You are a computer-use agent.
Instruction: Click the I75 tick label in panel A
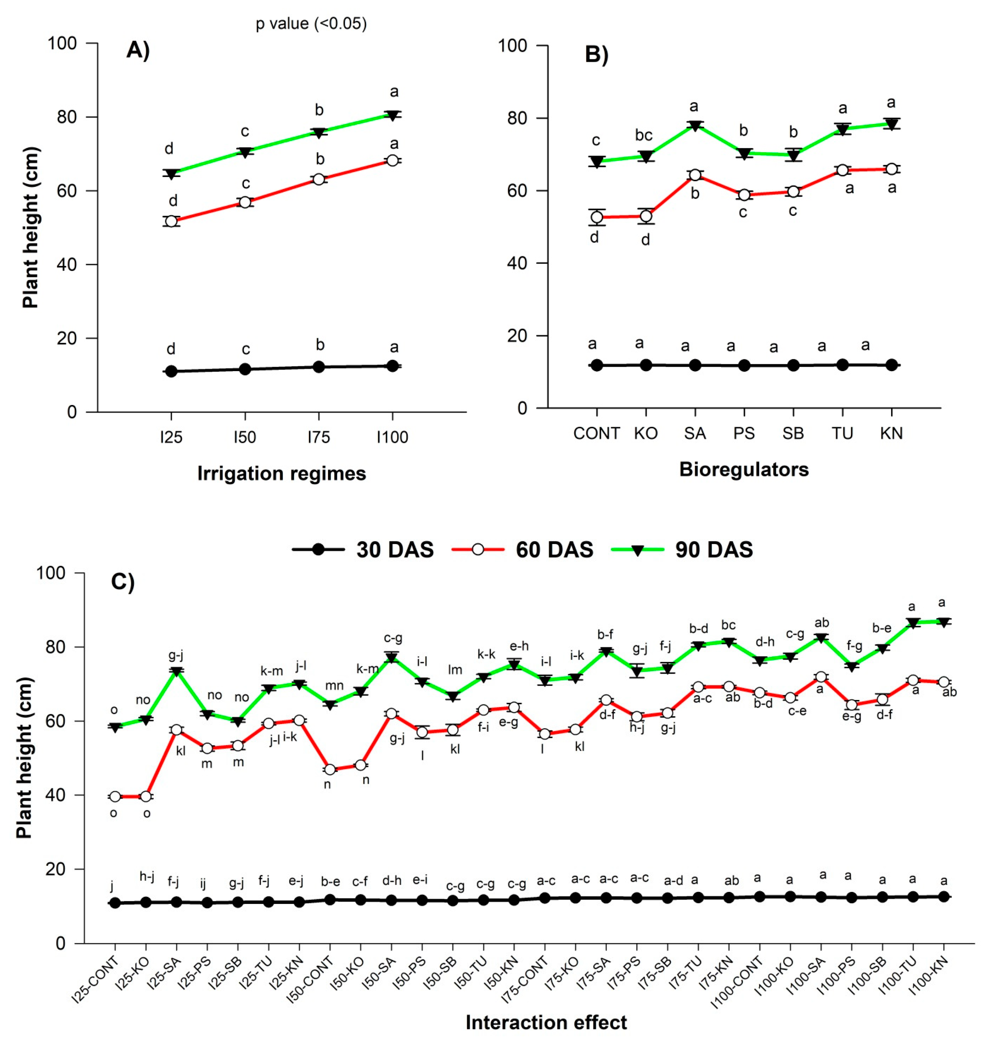[318, 437]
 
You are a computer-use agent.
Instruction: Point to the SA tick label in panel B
[695, 434]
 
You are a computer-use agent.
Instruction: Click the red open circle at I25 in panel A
[171, 221]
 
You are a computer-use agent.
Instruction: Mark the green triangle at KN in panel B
[891, 124]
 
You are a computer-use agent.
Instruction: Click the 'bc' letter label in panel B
[643, 135]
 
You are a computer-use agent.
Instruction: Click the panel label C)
[123, 582]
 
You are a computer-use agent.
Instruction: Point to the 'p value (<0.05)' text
[311, 24]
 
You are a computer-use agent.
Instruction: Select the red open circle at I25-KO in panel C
[146, 797]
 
